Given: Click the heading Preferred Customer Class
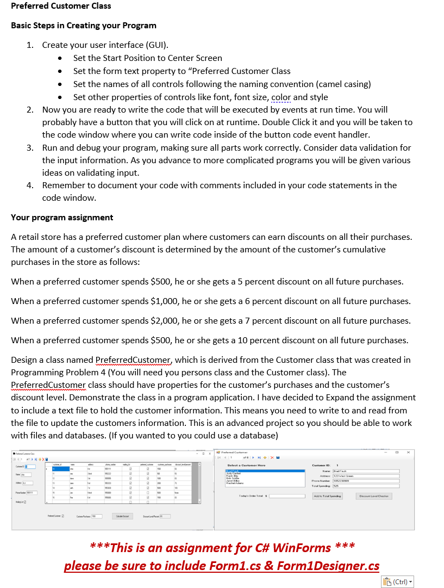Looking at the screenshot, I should click(61, 6).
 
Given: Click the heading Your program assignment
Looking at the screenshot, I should click(62, 218).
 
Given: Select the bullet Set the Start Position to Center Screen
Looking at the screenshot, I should click(147, 58).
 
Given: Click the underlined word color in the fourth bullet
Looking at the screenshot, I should click(281, 97).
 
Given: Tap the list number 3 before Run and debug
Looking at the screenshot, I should click(30, 148).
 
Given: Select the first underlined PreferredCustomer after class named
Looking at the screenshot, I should click(133, 360).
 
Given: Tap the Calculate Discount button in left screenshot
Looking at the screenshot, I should click(122, 516).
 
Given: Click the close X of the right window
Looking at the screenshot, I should click(408, 452).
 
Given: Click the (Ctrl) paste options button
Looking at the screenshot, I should click(397, 581).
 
